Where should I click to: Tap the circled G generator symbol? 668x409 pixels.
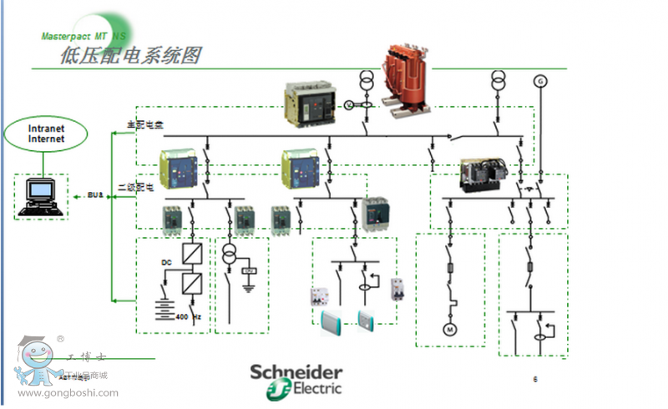click(x=539, y=81)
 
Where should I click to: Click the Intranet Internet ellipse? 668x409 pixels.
click(x=47, y=134)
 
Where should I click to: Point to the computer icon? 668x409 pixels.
click(x=40, y=197)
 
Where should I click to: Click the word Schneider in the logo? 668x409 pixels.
click(x=296, y=372)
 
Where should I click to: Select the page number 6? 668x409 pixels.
click(x=535, y=379)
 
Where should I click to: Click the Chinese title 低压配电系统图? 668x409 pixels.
click(x=131, y=57)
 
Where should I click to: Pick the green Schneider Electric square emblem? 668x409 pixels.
click(x=263, y=387)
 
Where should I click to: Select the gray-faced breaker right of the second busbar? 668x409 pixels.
click(x=377, y=214)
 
